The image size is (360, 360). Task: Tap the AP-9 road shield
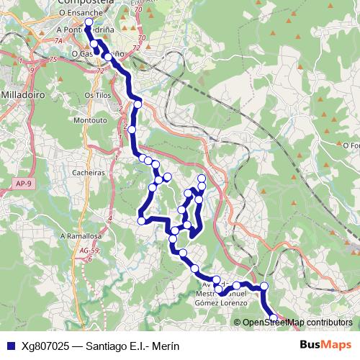pos(23,184)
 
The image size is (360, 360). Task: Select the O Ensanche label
pos(79,13)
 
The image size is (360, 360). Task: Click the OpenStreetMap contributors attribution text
pos(297,322)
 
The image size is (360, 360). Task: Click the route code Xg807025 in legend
pos(46,346)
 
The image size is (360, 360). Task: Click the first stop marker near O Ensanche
pos(89,23)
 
